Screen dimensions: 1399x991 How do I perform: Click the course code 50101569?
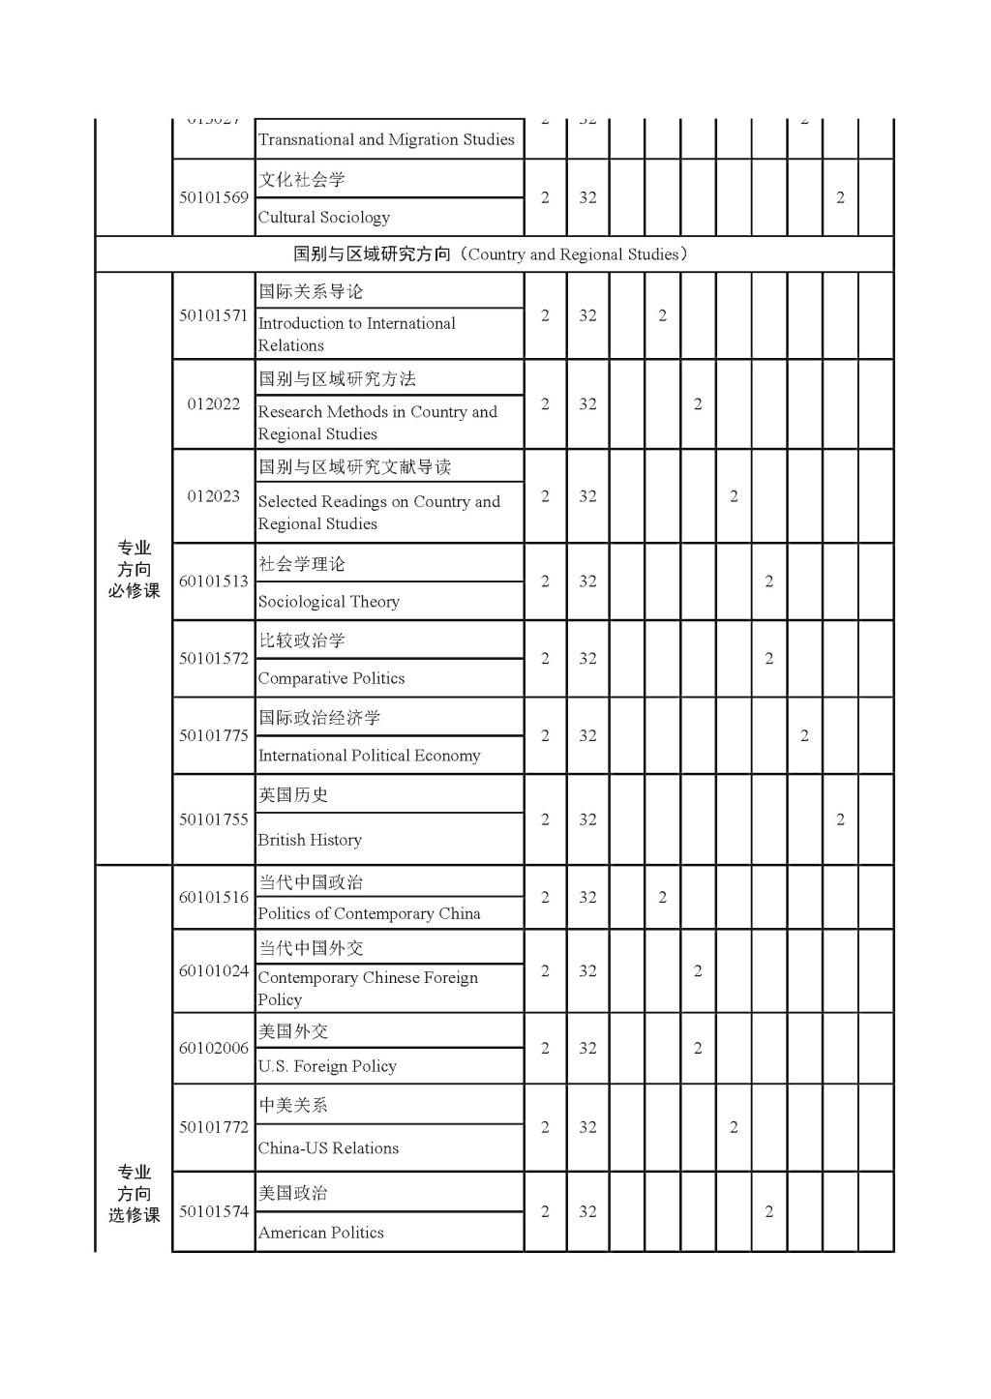tap(214, 197)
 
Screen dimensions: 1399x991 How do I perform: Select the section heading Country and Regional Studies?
tap(493, 254)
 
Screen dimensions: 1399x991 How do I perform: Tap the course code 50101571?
tap(214, 315)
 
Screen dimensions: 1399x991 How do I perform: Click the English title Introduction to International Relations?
tap(356, 334)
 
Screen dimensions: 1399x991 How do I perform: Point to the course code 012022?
tap(214, 403)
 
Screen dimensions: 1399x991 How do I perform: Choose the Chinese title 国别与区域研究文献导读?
tap(354, 466)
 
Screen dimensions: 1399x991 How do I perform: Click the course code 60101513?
tap(214, 581)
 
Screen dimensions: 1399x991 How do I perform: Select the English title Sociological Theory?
tap(328, 602)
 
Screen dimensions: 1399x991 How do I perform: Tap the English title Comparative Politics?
tap(331, 678)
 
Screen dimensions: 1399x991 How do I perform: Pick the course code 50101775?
tap(214, 735)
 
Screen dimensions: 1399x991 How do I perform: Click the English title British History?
tap(310, 840)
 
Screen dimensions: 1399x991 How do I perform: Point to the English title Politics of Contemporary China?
tap(369, 913)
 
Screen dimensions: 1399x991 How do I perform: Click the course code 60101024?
tap(214, 970)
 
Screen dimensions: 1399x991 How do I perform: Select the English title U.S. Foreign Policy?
tap(327, 1066)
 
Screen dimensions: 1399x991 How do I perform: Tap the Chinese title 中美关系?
tap(293, 1105)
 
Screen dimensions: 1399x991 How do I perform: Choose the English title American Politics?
tap(320, 1233)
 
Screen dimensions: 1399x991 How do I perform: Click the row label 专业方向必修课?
tap(134, 569)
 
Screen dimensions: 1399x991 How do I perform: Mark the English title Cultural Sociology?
tap(323, 218)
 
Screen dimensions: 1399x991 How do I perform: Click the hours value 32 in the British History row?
tap(587, 819)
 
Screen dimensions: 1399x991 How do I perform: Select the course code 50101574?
tap(214, 1211)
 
